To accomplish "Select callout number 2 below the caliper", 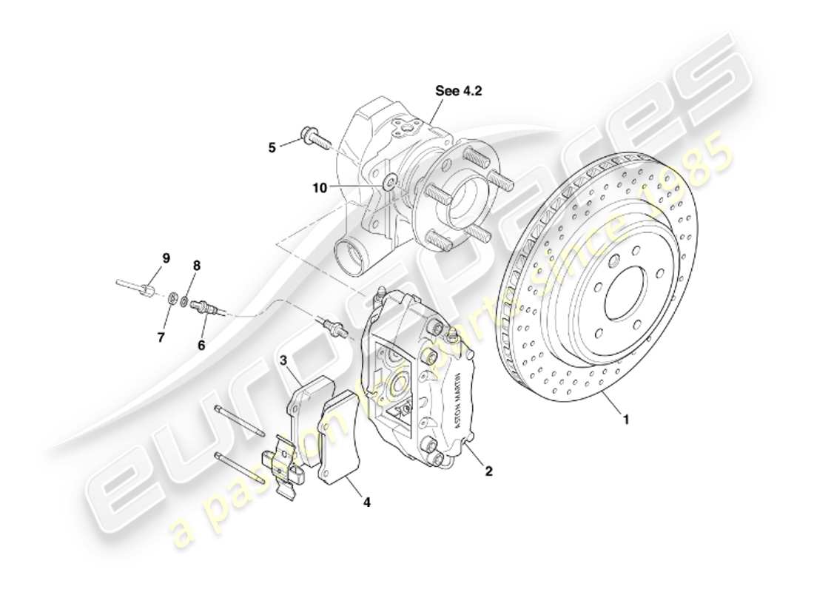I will click(488, 469).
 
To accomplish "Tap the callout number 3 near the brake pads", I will click(283, 360).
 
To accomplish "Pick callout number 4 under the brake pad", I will click(366, 502).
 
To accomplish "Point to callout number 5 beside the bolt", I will click(272, 147).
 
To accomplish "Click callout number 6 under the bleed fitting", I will click(201, 344).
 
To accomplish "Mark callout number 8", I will click(196, 265).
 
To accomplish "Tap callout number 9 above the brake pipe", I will click(166, 258).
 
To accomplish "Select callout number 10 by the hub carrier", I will click(319, 188).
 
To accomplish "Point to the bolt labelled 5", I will click(314, 138).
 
